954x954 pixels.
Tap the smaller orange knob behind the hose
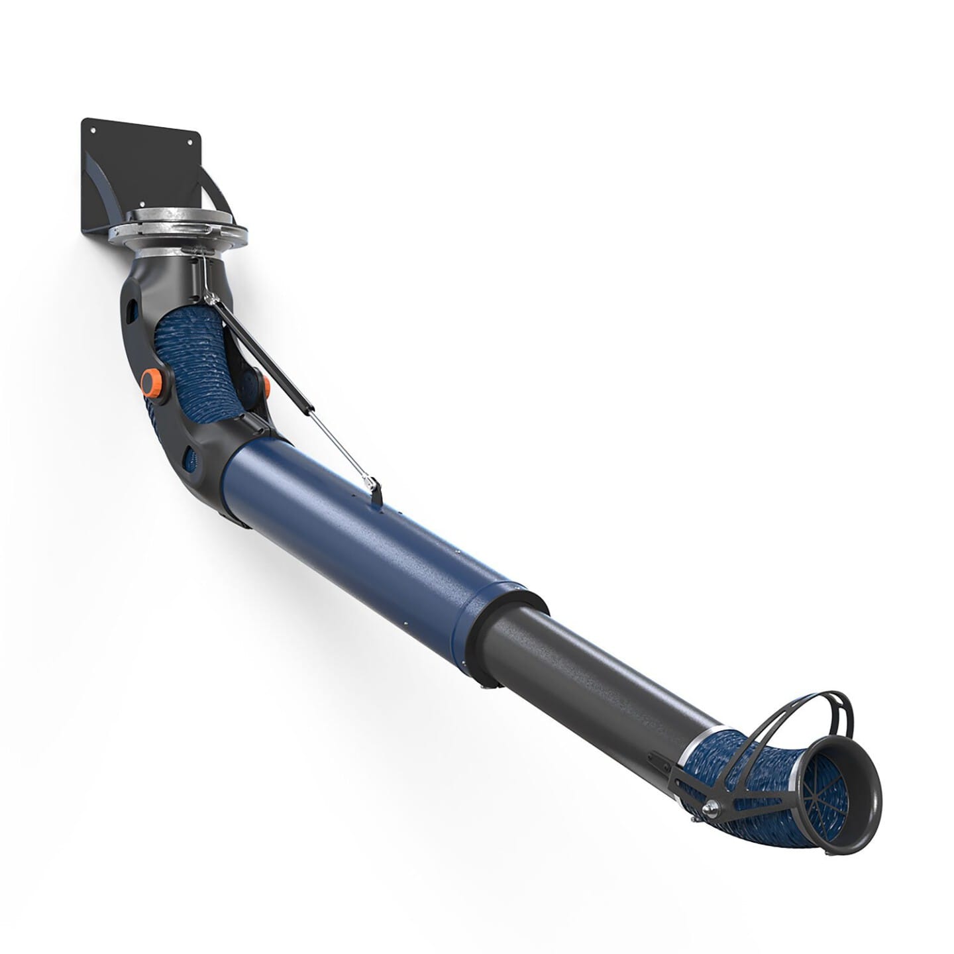coord(266,385)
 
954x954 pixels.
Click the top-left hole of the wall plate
coord(92,129)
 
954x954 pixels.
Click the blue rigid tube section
coord(371,543)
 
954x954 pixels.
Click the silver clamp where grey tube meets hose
coord(689,755)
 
